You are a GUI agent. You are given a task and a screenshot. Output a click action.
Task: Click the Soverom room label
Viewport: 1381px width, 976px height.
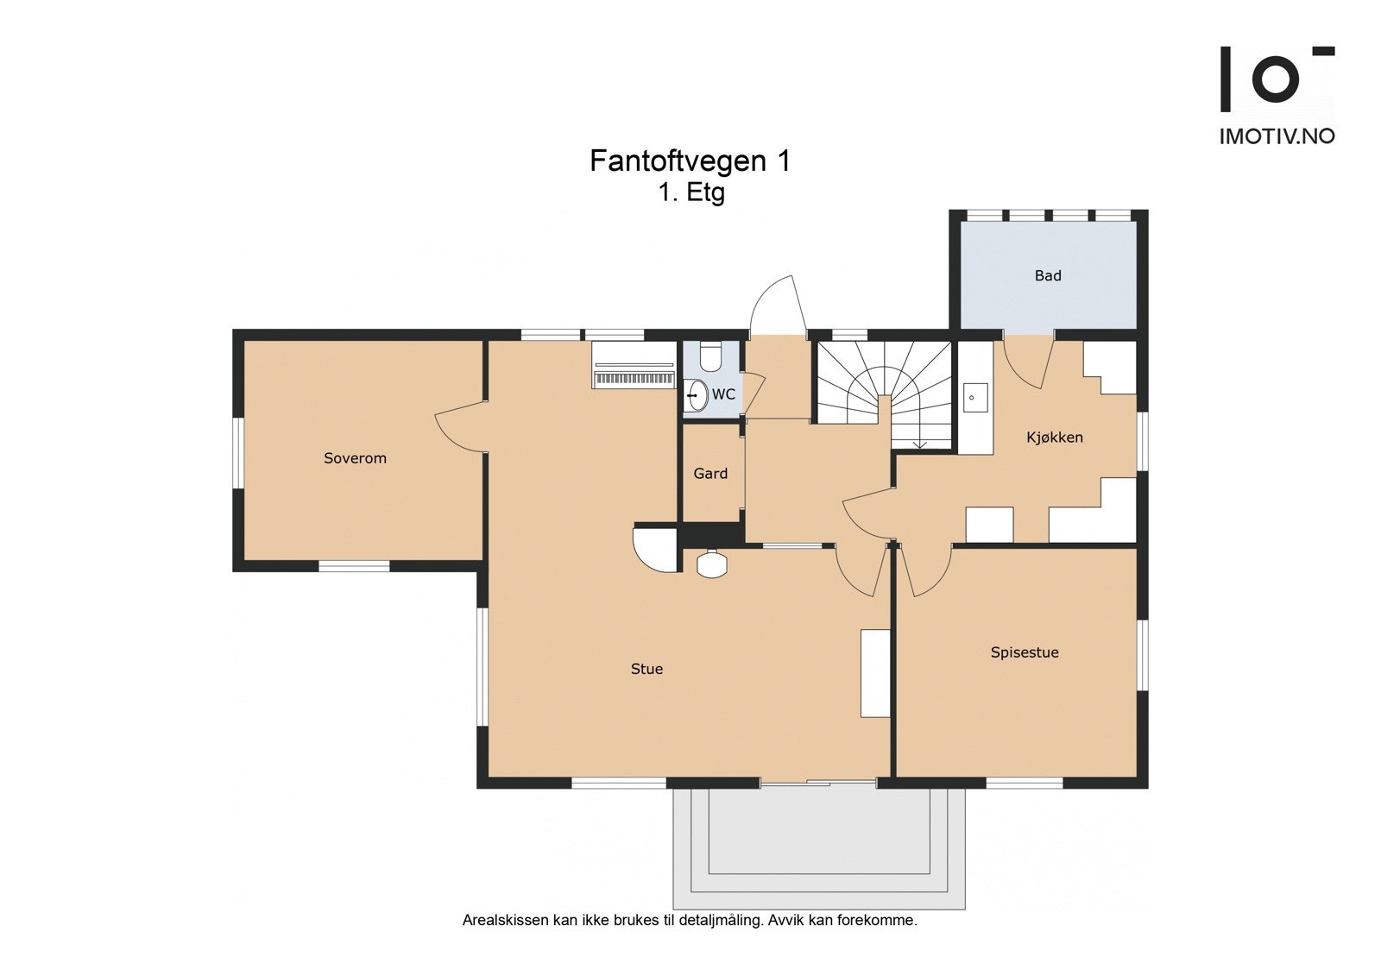tap(355, 458)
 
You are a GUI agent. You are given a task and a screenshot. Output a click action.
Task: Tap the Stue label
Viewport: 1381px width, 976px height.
tap(646, 669)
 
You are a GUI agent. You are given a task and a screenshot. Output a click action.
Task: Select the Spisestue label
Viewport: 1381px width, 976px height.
tap(1025, 652)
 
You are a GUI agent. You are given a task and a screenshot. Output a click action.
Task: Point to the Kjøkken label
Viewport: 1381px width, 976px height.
tap(1054, 438)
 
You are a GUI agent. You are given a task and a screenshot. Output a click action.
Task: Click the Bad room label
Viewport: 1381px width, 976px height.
tap(1048, 276)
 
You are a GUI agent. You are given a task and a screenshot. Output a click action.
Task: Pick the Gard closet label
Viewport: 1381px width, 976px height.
tap(710, 474)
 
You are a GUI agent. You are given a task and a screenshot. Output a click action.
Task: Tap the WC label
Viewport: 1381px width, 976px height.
tap(723, 394)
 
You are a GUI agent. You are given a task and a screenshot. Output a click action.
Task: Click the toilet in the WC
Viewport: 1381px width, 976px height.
tap(710, 356)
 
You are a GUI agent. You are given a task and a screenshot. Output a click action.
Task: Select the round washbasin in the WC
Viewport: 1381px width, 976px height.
tap(697, 395)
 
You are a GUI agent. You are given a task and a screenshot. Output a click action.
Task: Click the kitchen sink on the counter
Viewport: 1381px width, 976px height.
tap(975, 398)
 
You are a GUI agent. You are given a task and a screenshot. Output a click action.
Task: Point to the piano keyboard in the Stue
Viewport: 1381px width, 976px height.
tap(634, 379)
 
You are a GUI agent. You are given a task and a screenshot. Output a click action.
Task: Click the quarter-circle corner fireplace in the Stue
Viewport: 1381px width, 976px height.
tap(653, 547)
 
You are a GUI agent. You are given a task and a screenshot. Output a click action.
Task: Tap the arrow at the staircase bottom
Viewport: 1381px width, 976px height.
tap(920, 444)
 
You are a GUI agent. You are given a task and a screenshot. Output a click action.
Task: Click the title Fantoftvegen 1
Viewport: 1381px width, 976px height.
tap(690, 161)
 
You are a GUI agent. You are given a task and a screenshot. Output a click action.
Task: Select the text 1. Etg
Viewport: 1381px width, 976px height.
tap(690, 192)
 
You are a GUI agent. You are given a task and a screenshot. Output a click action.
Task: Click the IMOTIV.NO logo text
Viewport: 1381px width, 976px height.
tap(1277, 136)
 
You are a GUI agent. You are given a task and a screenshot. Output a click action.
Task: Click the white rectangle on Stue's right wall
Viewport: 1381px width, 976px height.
tap(874, 673)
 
